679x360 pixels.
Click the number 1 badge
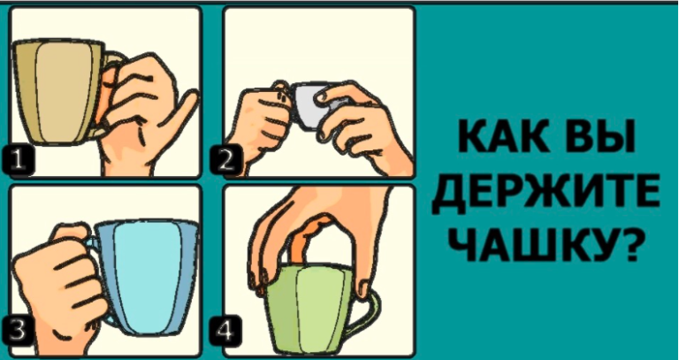coord(19,161)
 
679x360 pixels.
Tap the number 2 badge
coord(226,161)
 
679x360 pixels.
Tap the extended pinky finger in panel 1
coord(181,111)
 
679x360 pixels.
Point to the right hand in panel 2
coord(360,126)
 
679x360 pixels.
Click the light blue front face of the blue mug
coord(146,278)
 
